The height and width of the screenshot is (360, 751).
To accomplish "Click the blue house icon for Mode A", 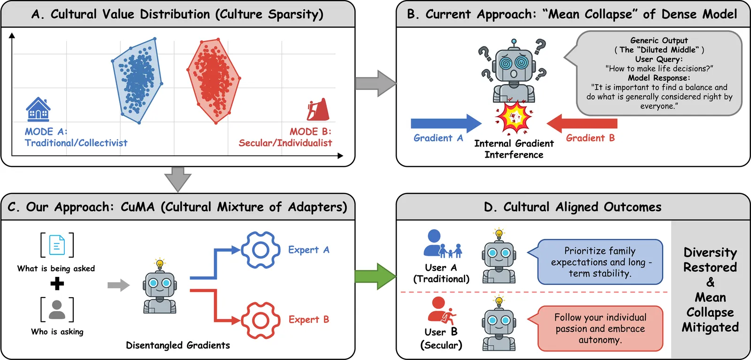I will click(x=38, y=109).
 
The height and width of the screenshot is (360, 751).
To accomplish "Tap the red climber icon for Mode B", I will click(x=318, y=110).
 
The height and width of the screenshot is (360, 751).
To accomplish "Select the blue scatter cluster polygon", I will click(x=137, y=82).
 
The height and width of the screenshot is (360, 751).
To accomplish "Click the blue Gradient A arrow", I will click(x=445, y=123).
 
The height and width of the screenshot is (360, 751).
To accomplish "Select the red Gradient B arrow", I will click(x=582, y=123).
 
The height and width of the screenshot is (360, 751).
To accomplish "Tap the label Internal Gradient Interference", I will click(x=514, y=149).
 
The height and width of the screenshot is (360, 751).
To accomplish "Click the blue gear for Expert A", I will click(x=261, y=250).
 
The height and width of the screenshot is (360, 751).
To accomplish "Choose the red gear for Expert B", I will click(x=261, y=320).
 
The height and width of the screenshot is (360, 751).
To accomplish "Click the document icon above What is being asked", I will click(x=57, y=245).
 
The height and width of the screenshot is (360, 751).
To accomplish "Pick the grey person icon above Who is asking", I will click(x=57, y=309).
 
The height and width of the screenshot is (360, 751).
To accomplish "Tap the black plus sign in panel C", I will click(x=57, y=283).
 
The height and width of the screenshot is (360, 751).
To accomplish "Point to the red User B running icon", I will click(x=442, y=310).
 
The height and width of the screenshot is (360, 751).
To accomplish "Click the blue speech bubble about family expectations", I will click(x=599, y=262).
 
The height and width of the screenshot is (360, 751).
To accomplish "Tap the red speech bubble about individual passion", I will click(x=599, y=329).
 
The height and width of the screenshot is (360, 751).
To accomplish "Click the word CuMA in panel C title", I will click(x=137, y=207).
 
